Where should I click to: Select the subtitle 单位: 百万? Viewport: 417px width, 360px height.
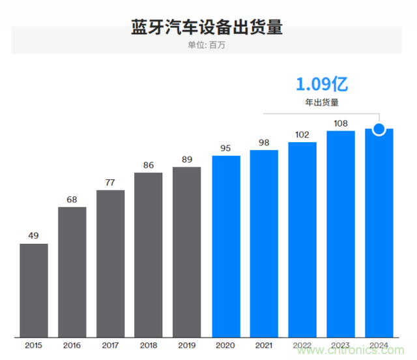point(208,45)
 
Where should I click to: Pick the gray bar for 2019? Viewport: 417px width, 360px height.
point(187,251)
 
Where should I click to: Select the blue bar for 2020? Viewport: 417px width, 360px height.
point(226,245)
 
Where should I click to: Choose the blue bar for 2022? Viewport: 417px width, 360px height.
point(302,239)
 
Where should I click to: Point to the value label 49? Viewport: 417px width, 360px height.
point(34,235)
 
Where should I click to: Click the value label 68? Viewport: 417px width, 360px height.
point(72,198)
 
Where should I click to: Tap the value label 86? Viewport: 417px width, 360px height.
point(149,164)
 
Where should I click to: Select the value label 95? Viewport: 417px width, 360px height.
point(226,147)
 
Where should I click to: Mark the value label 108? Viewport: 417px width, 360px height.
point(341,123)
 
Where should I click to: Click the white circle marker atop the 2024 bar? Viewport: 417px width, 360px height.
point(379,128)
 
